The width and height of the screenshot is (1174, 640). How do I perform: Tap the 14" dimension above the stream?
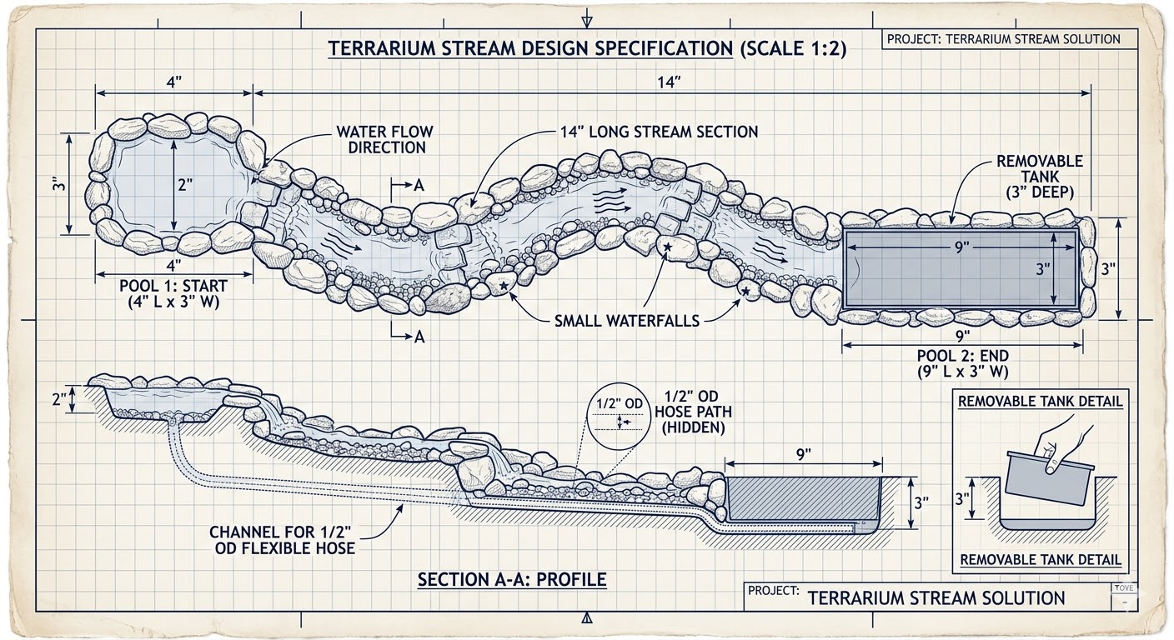pyautogui.click(x=670, y=81)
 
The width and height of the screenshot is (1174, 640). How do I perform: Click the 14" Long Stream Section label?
pyautogui.click(x=659, y=132)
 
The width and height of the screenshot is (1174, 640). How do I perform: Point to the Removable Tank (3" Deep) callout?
pyautogui.click(x=1039, y=176)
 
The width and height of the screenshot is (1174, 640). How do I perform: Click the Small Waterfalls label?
pyautogui.click(x=627, y=320)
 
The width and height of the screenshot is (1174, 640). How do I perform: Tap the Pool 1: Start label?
pyautogui.click(x=173, y=294)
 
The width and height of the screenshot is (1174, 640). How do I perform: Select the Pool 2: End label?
pyautogui.click(x=963, y=363)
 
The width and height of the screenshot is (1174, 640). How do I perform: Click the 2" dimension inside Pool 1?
pyautogui.click(x=185, y=186)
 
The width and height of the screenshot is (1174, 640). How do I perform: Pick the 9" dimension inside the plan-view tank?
pyautogui.click(x=962, y=248)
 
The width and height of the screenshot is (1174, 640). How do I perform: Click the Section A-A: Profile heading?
pyautogui.click(x=512, y=578)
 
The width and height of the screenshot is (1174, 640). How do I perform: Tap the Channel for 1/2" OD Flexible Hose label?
pyautogui.click(x=282, y=539)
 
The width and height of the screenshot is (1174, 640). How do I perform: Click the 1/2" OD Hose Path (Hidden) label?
pyautogui.click(x=695, y=412)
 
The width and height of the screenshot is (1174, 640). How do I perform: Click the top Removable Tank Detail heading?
pyautogui.click(x=1040, y=401)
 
